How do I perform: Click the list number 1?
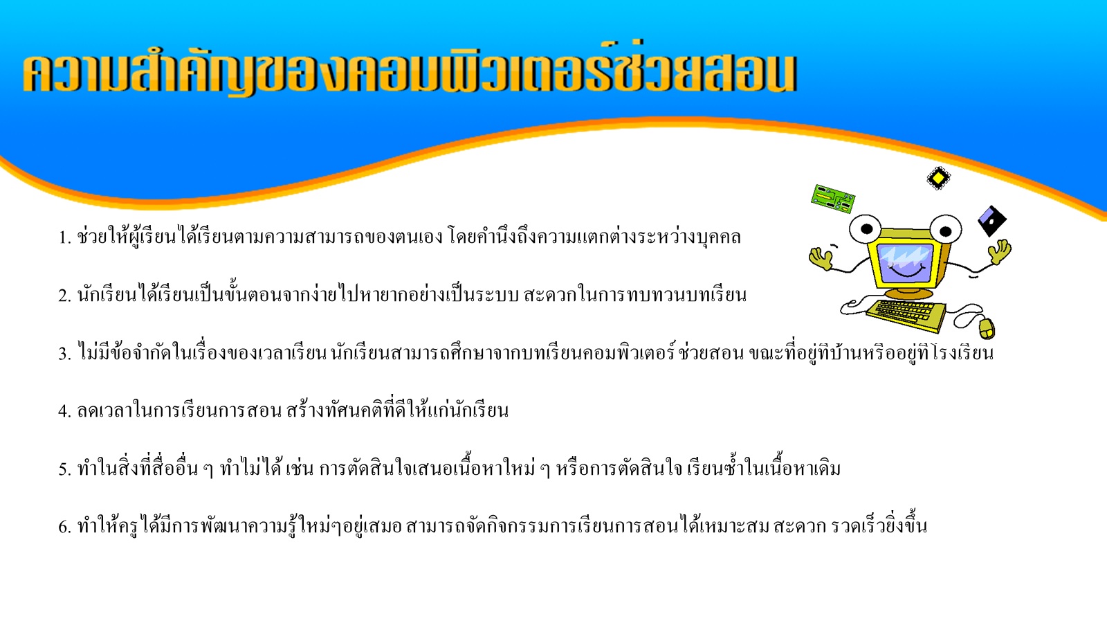(x=65, y=238)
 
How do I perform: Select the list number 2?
(x=65, y=296)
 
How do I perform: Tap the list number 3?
(x=65, y=354)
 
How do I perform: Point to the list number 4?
(x=65, y=411)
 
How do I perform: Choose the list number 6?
(x=65, y=527)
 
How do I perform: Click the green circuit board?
(x=833, y=199)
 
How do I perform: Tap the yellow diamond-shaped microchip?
(x=938, y=178)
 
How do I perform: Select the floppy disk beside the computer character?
(x=992, y=221)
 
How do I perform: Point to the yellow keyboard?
(x=906, y=316)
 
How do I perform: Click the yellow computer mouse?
(x=987, y=328)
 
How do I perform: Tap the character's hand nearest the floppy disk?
(x=999, y=252)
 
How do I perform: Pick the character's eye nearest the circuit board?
(x=866, y=228)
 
